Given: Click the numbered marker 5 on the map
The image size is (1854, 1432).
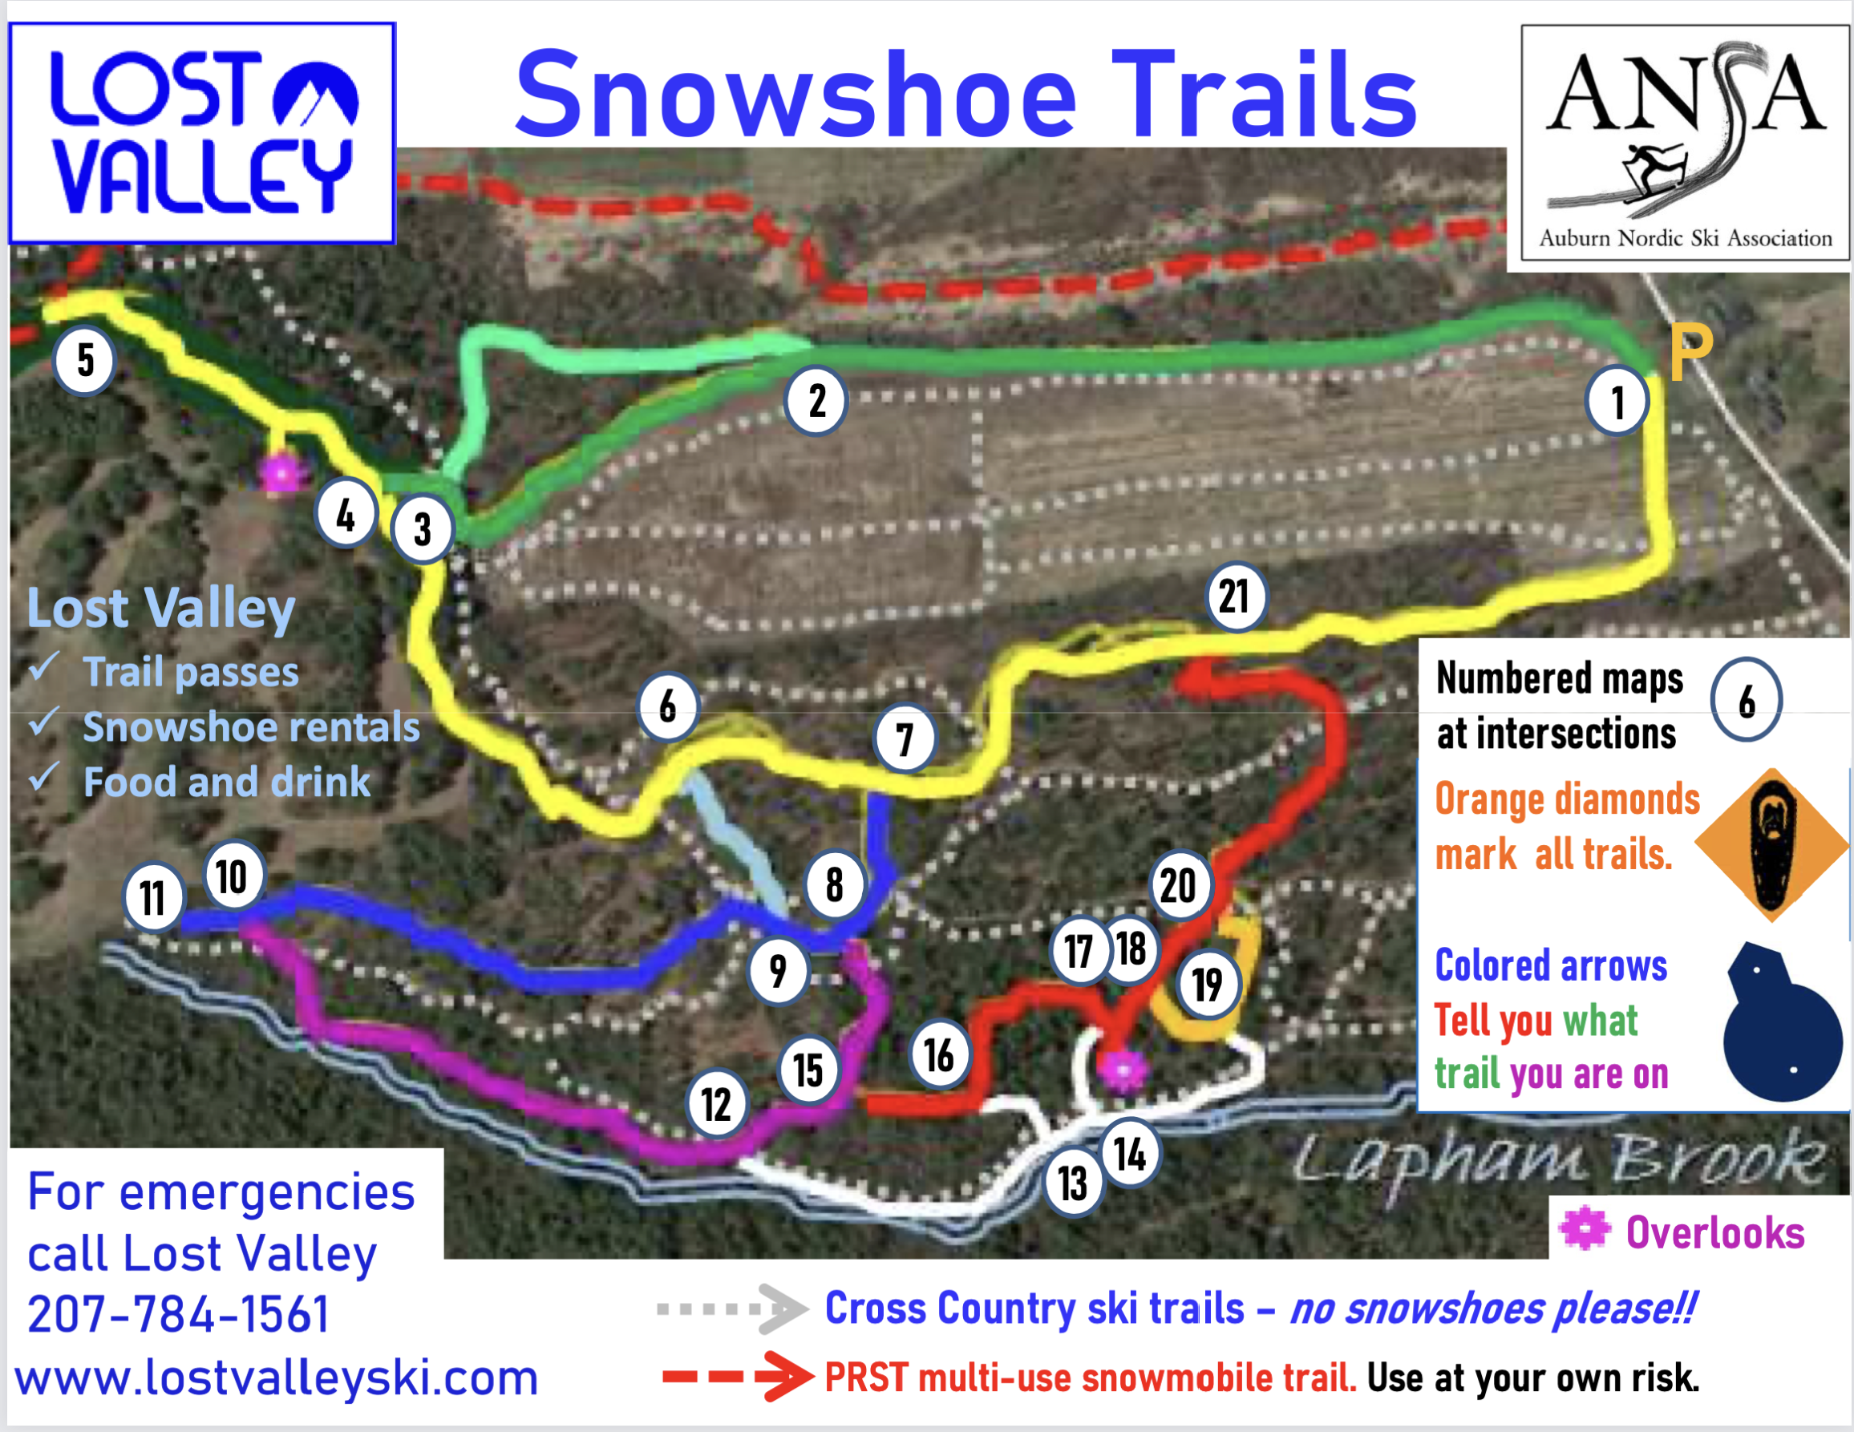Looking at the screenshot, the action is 84,360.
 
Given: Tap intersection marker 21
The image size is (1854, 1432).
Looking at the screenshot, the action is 1235,597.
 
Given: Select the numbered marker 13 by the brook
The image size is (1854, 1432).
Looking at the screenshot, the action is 1073,1183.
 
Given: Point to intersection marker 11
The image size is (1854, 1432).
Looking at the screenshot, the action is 153,898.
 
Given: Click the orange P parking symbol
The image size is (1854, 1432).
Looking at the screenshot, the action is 1691,352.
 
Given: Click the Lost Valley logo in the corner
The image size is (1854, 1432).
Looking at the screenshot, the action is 202,133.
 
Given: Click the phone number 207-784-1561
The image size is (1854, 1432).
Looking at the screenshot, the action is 177,1314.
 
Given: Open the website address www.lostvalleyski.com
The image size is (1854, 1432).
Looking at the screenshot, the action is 277,1377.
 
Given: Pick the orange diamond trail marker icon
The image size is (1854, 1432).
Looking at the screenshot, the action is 1771,844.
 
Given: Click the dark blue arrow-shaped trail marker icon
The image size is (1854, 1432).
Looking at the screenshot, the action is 1781,1022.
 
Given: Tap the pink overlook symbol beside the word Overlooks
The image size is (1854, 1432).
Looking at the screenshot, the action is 1584,1229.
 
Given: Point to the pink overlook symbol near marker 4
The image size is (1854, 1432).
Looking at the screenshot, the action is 281,473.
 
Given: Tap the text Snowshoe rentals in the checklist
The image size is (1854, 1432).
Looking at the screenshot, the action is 251,727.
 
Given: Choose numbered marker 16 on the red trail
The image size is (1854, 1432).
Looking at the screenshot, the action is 938,1055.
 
